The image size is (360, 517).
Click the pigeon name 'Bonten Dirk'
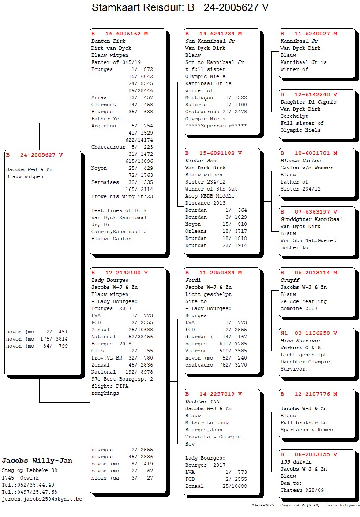click(x=109, y=41)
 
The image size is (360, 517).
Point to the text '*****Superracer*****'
click(x=216, y=126)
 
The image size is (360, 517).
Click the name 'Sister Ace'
click(x=201, y=161)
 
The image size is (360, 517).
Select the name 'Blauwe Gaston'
click(x=300, y=161)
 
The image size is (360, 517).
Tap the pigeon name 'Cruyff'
click(x=290, y=280)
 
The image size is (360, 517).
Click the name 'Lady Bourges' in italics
click(x=110, y=280)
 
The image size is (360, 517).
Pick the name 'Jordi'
click(x=193, y=280)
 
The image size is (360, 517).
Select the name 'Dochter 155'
click(x=202, y=401)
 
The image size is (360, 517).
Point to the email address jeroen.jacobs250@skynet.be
click(x=42, y=499)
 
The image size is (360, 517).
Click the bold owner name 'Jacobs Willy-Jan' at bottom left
click(x=37, y=461)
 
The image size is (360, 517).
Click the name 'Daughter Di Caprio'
click(x=308, y=102)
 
